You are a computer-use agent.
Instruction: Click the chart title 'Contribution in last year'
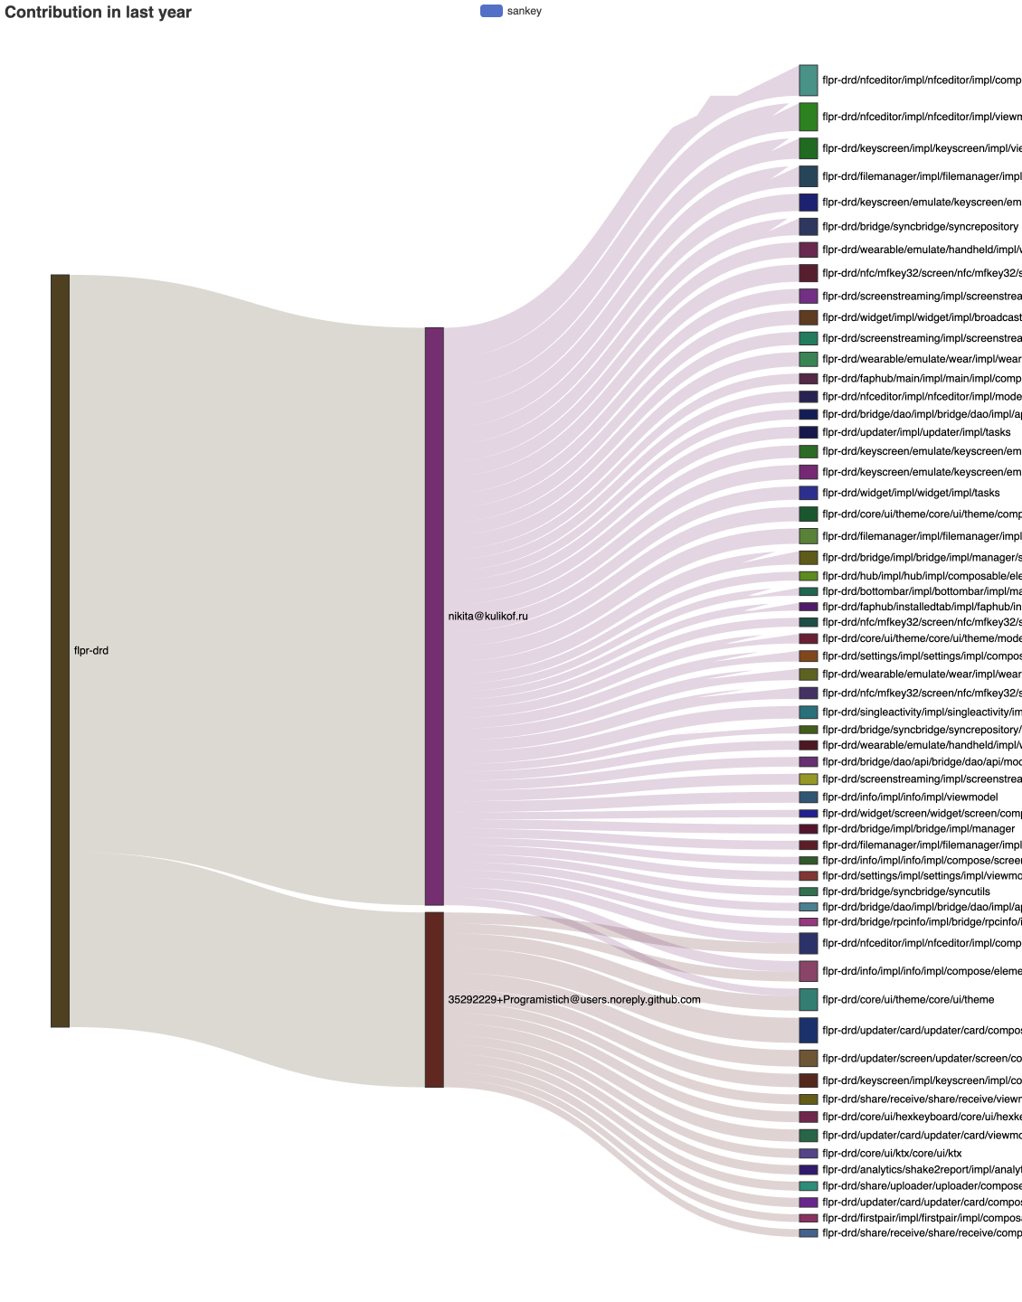(98, 13)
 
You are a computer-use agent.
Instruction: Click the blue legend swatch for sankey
(491, 11)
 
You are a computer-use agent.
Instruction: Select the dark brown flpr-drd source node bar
(60, 650)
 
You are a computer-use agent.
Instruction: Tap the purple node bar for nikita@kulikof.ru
(434, 616)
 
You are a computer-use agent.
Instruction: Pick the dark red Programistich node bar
(434, 999)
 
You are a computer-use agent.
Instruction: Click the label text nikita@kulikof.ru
(487, 617)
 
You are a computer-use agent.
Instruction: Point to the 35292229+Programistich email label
(574, 1000)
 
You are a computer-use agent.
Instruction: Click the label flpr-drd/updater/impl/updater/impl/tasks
(915, 432)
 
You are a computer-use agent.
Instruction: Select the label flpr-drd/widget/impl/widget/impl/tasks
(910, 493)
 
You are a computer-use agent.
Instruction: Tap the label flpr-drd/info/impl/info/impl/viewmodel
(909, 797)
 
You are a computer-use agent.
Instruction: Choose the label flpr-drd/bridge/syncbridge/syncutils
(905, 892)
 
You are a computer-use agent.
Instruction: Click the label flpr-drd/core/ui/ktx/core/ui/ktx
(891, 1154)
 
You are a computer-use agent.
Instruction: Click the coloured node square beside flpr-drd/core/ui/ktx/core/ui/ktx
(808, 1154)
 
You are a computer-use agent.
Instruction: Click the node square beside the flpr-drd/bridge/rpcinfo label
(808, 922)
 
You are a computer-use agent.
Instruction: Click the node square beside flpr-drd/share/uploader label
(808, 1186)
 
